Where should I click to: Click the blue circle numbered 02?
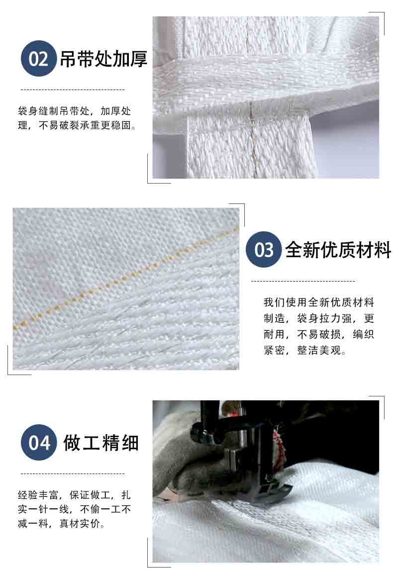pyautogui.click(x=39, y=59)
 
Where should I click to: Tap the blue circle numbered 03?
pyautogui.click(x=264, y=250)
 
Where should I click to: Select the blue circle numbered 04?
pyautogui.click(x=39, y=442)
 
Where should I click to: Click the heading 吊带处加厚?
pyautogui.click(x=103, y=59)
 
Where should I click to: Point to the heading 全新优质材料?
pyautogui.click(x=338, y=250)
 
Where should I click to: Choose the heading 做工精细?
pyautogui.click(x=101, y=443)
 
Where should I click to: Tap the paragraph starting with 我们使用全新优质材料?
pyautogui.click(x=319, y=326)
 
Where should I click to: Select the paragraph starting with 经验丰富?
pyautogui.click(x=74, y=509)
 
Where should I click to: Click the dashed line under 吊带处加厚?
pyautogui.click(x=73, y=90)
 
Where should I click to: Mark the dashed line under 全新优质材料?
pyautogui.click(x=303, y=281)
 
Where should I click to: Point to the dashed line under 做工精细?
pyautogui.click(x=73, y=474)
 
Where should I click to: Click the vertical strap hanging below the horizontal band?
pyautogui.click(x=249, y=146)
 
